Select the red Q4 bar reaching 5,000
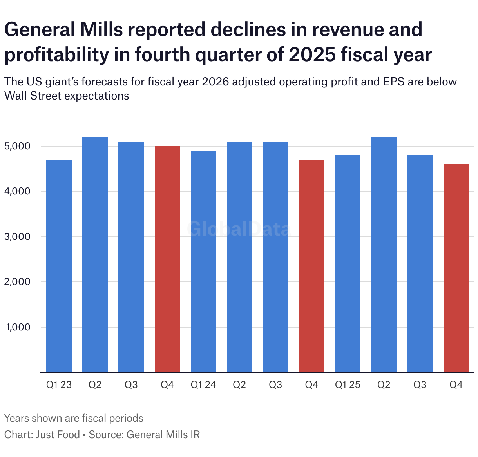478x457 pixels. point(167,259)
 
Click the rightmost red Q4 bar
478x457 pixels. point(456,268)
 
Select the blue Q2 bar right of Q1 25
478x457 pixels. point(384,255)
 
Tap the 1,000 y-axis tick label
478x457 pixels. point(18,327)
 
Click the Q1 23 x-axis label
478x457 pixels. point(59,385)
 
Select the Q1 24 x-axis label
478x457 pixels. point(203,385)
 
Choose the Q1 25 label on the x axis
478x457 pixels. point(348,385)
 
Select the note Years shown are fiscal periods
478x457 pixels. point(74,418)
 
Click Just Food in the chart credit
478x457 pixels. point(58,435)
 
